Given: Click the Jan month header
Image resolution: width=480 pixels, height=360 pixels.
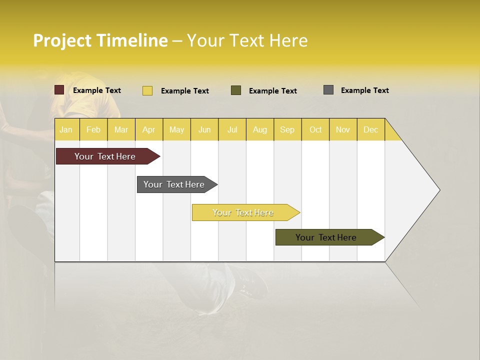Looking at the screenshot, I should (66, 129).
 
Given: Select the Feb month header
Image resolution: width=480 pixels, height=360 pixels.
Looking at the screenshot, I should (93, 129).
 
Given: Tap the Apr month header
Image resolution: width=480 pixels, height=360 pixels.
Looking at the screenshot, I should (148, 129).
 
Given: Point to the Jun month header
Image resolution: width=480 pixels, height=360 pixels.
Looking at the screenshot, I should (204, 129).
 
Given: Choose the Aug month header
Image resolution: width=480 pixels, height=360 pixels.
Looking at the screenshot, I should (259, 129).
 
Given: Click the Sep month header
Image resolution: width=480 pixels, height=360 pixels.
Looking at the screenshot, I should (287, 129).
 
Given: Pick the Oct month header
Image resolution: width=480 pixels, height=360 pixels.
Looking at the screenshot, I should (315, 129).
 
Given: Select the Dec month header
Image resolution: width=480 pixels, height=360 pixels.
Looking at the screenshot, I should (370, 129).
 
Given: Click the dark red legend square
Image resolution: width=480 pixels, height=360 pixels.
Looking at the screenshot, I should (59, 90).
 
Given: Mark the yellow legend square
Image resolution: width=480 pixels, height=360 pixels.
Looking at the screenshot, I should (147, 90).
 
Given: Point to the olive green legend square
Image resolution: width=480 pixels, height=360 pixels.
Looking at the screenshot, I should (236, 90).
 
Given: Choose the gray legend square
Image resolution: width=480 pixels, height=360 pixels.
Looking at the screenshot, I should (328, 90).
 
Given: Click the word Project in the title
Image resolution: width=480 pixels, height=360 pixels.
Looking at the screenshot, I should (62, 40).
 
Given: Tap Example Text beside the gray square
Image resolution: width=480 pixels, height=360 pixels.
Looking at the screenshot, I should (364, 90).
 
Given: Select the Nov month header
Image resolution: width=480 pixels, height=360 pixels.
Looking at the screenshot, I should (343, 129).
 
